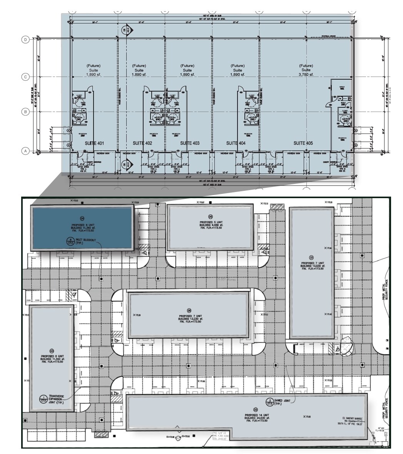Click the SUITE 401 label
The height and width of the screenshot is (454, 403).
tap(94, 143)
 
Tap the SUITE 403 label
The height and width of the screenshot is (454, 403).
tap(190, 143)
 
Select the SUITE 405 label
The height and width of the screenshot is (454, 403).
tap(303, 143)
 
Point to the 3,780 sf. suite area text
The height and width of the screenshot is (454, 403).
tap(306, 75)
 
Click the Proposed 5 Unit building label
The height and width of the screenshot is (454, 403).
tap(211, 222)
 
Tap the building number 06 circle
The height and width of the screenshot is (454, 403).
tap(189, 310)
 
